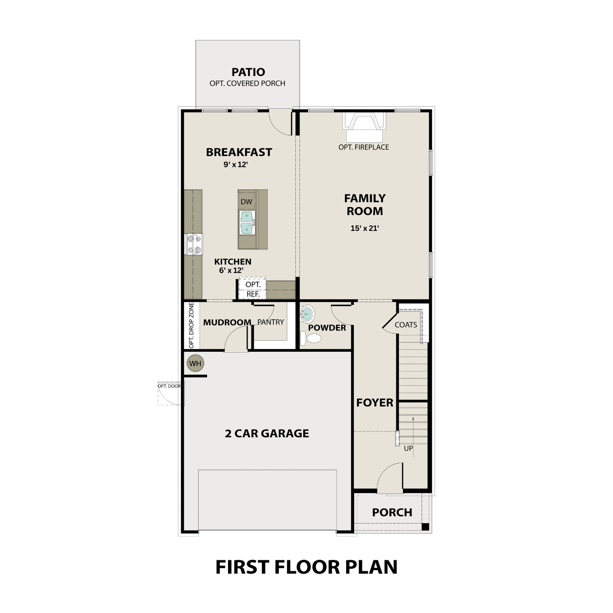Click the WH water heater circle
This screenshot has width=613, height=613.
195,363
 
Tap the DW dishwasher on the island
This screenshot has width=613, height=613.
246,201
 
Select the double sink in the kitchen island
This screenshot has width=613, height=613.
248,223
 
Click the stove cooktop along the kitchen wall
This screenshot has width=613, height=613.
194,244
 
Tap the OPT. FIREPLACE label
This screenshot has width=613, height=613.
363,147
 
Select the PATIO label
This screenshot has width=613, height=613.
248,72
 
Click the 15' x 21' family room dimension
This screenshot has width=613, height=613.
365,228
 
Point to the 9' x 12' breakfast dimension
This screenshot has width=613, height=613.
236,165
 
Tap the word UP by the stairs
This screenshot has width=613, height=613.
408,448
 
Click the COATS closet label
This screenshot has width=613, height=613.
406,325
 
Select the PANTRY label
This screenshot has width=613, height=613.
270,322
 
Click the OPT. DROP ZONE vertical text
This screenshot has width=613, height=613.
191,326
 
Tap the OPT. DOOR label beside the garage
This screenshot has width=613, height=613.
169,386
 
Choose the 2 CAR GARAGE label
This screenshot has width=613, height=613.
267,433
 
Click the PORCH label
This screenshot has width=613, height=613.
392,512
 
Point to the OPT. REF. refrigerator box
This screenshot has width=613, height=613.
253,289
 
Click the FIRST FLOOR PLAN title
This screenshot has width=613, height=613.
306,567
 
